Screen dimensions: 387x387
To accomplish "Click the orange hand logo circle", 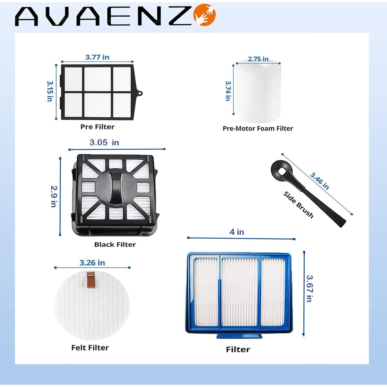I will point(205,15).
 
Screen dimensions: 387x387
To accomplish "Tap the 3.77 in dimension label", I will point(97,57).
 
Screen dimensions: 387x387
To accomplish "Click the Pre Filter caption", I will point(97,127).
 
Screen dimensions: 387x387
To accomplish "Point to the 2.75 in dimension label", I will point(258,59).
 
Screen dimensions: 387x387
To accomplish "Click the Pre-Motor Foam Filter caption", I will point(258,128).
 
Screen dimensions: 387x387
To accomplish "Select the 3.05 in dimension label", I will point(104,142).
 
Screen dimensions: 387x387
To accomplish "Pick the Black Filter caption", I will point(115,244).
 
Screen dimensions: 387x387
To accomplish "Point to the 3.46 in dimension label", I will point(319,181).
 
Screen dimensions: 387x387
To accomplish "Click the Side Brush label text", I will point(298,205).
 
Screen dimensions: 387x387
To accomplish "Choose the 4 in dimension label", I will point(237,232).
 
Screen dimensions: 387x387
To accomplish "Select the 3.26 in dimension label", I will point(92,263).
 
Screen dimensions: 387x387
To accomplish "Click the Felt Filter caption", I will point(90,348).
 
